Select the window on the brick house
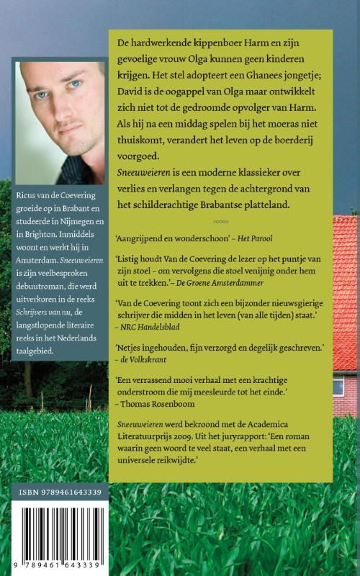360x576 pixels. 338,386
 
